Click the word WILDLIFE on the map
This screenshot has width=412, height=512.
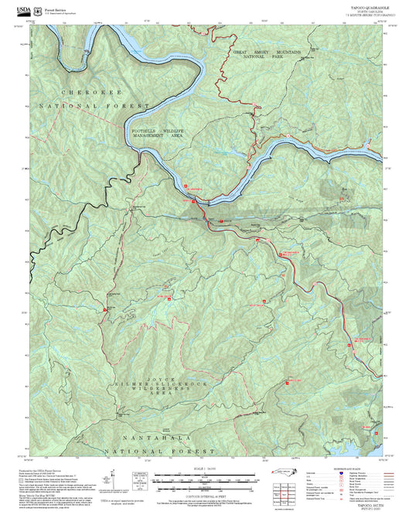(x=179, y=131)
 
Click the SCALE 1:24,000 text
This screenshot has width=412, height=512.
(x=197, y=469)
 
